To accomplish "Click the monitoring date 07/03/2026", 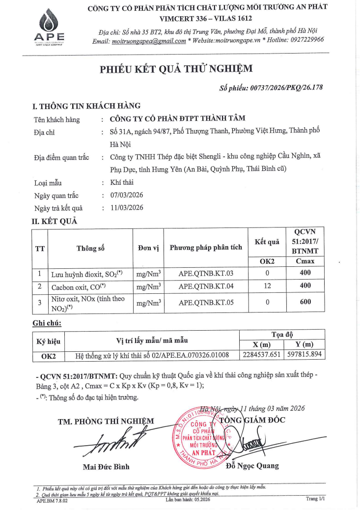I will (126, 195).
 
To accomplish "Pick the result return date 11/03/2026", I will (126, 207).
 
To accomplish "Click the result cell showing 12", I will (267, 285).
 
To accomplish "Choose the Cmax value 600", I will (305, 302).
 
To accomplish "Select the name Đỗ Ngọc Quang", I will (252, 466).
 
